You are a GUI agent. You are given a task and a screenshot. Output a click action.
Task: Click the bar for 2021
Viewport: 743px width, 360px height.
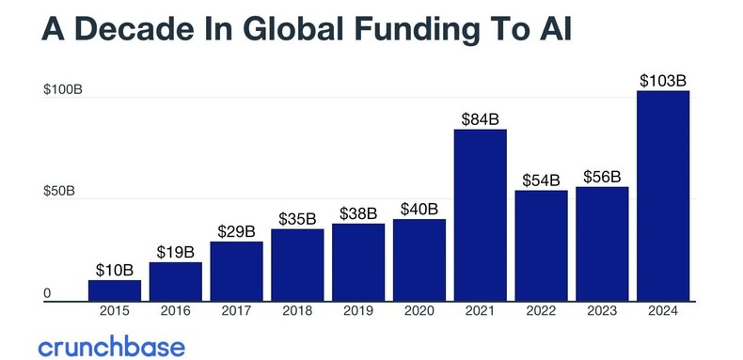pos(480,215)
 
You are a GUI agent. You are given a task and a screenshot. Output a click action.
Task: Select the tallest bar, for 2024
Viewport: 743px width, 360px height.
pos(663,196)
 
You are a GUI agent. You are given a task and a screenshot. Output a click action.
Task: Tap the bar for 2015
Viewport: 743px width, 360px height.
pos(114,290)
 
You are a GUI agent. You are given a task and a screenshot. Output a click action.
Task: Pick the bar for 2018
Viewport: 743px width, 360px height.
pos(297,265)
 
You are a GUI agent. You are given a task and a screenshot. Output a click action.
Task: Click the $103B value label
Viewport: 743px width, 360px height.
pos(663,80)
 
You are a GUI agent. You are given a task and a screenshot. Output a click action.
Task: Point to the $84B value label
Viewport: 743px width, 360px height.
pos(480,118)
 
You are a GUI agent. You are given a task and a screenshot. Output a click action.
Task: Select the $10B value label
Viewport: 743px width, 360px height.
pos(114,270)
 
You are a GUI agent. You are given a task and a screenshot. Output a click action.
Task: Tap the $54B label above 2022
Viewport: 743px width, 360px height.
pos(541,180)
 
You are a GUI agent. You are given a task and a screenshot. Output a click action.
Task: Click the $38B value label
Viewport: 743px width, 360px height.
pos(358,212)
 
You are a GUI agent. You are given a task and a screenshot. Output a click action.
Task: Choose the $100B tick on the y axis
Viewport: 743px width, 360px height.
pos(64,90)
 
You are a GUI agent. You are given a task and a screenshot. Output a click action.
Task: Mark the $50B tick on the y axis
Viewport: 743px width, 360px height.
pos(60,192)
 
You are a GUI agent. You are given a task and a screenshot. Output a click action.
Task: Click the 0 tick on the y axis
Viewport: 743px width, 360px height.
pos(47,294)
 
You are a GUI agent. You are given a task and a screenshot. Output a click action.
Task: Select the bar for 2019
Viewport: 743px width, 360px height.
pos(358,262)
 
